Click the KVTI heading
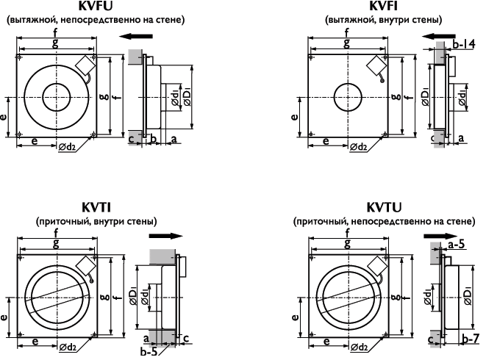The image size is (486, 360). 96,207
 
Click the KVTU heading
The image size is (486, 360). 380,207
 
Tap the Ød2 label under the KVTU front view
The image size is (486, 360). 360,345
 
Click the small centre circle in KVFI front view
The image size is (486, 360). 346,96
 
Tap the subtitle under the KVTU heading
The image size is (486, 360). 380,220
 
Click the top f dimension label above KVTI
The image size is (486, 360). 56,234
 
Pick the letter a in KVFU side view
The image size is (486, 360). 174,137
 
